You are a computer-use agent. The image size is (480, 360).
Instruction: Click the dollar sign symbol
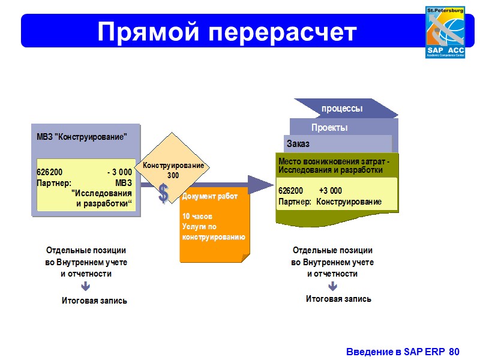pos(163,193)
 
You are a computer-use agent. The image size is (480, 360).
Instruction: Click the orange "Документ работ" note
pos(214,225)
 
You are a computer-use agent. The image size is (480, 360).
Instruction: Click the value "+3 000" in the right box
pos(331,191)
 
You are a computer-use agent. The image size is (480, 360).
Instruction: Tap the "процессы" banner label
pos(342,109)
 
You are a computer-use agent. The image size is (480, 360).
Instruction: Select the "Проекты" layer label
pos(329,128)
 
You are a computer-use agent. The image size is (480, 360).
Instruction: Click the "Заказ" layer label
pos(298,144)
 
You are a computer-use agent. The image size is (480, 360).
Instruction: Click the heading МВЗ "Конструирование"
pos(82,136)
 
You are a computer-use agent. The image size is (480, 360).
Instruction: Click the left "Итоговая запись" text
pos(94,300)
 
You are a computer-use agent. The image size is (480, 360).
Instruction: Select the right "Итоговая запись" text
pos(338,298)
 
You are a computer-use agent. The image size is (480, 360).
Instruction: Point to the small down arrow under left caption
pos(86,287)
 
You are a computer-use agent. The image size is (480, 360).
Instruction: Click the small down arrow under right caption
pos(332,286)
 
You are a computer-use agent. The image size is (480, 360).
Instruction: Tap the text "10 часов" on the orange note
pos(197,216)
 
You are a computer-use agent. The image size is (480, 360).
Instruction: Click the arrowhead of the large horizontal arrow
pos(261,184)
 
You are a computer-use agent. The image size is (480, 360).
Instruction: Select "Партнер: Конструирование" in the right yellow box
pos(329,202)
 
